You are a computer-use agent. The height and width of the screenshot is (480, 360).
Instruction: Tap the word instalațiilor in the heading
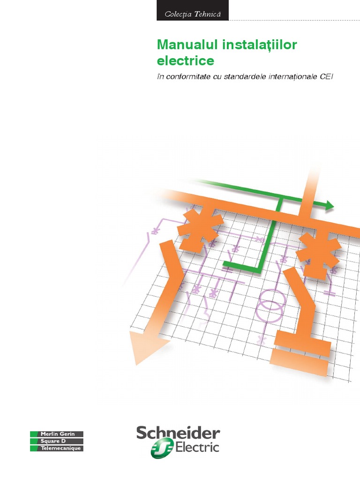click(255, 45)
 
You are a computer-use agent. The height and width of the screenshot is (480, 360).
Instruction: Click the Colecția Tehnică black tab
click(193, 14)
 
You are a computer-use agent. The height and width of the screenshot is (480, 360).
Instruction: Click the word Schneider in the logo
click(178, 433)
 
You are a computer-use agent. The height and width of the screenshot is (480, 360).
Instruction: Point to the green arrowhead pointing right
click(329, 205)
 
